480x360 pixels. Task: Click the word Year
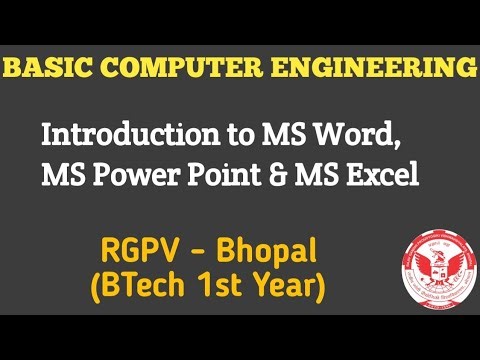pos(290,287)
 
